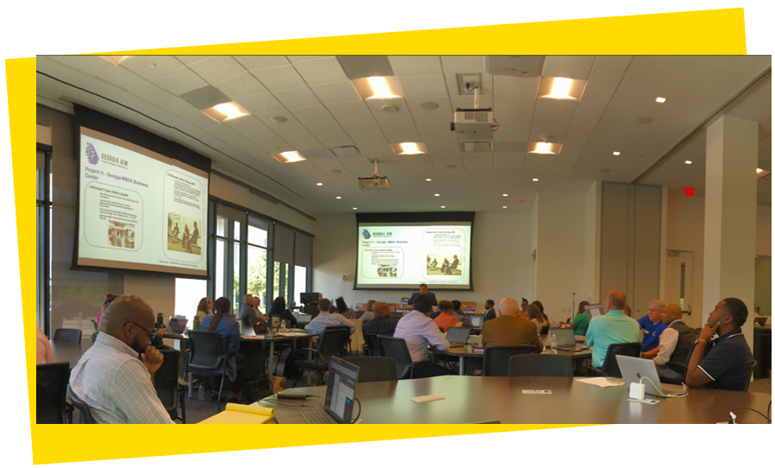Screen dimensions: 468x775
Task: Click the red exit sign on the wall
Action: pyautogui.click(x=689, y=192)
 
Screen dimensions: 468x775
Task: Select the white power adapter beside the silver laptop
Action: pyautogui.click(x=637, y=391)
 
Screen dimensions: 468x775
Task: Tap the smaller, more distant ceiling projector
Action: pyautogui.click(x=374, y=181)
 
